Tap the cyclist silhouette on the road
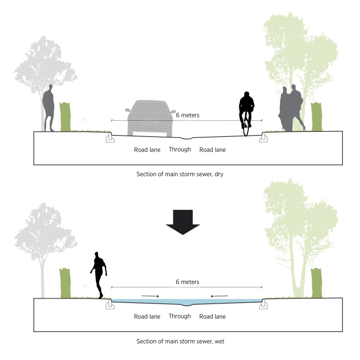pyautogui.click(x=246, y=112)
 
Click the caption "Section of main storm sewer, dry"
pyautogui.click(x=179, y=174)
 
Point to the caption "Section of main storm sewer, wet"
pyautogui.click(x=179, y=341)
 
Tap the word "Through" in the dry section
pyautogui.click(x=179, y=150)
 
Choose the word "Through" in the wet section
pyautogui.click(x=179, y=316)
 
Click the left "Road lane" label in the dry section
pyautogui.click(x=147, y=150)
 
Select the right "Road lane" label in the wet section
pyautogui.click(x=213, y=317)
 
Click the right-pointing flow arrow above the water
pyautogui.click(x=151, y=296)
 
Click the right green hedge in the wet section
pyautogui.click(x=316, y=283)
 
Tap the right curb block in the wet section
pyautogui.click(x=264, y=304)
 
